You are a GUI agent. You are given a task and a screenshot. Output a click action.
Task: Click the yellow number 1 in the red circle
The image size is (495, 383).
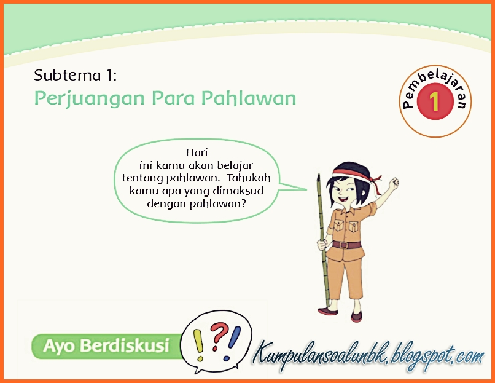[x=435, y=100]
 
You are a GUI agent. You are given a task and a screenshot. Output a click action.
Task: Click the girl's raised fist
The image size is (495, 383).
[x=393, y=182]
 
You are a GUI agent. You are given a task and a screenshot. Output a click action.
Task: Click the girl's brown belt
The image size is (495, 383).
[x=347, y=244]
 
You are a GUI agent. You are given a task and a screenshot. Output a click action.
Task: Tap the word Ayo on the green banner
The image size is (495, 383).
[x=59, y=346]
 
